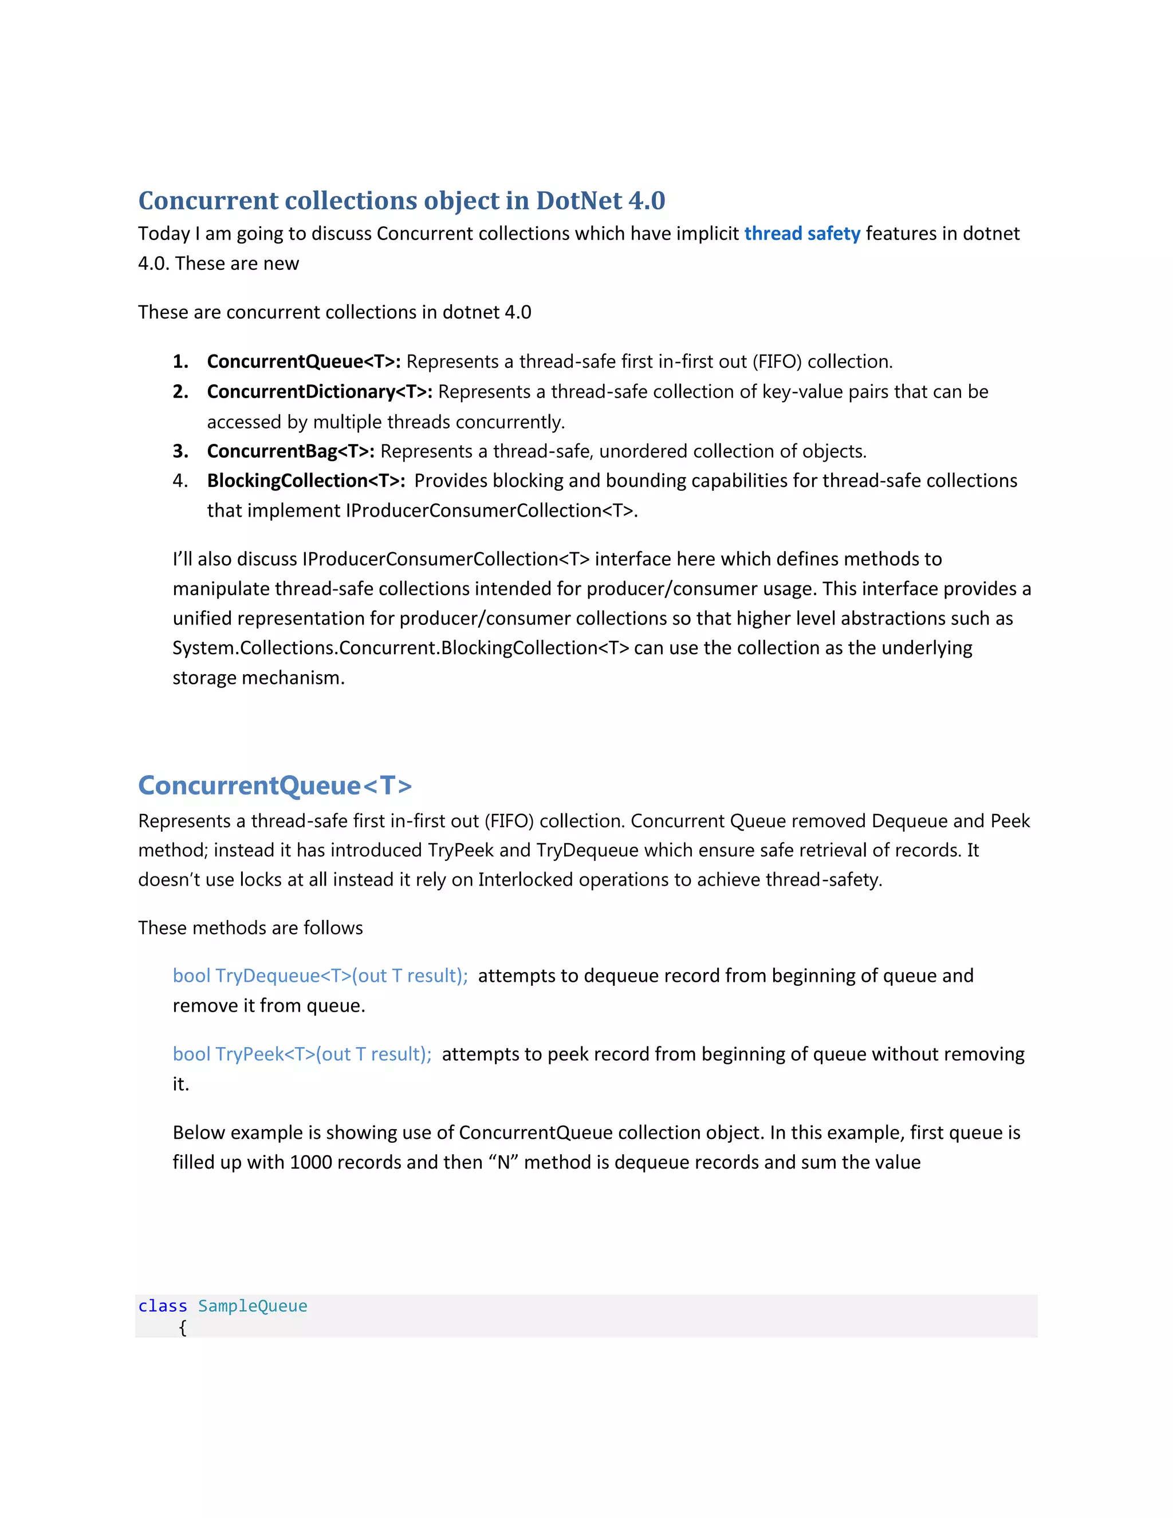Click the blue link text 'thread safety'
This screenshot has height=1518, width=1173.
point(802,234)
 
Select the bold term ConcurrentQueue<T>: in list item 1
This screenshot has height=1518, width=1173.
point(304,361)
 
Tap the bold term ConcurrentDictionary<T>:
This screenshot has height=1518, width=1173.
point(320,392)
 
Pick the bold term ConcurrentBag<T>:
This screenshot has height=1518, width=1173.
point(290,451)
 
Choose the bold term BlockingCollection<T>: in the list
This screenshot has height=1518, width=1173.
point(306,481)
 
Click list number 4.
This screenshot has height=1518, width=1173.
point(180,481)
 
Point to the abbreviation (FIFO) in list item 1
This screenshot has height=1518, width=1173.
point(777,361)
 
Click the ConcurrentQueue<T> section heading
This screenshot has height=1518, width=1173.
point(275,785)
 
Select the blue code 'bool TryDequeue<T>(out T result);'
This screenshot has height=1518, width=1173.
point(320,976)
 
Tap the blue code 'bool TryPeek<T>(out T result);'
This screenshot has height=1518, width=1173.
point(302,1055)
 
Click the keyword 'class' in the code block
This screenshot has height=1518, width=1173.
point(163,1306)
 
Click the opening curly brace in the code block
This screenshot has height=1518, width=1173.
point(183,1328)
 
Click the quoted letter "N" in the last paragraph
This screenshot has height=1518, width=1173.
point(503,1162)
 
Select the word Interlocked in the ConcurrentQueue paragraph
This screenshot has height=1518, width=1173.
point(525,880)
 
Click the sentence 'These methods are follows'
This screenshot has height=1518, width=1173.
point(250,928)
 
